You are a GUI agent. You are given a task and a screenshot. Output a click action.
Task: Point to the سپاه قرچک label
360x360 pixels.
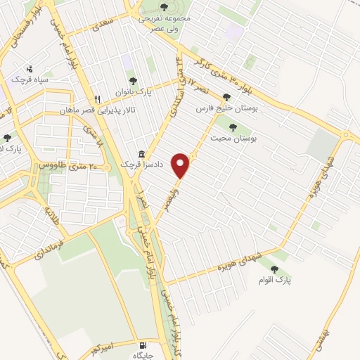pos(30,79)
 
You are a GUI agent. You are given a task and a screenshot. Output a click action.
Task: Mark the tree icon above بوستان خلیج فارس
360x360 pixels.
pos(226,98)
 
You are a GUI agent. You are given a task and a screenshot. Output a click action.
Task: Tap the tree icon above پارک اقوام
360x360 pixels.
pos(275,269)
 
